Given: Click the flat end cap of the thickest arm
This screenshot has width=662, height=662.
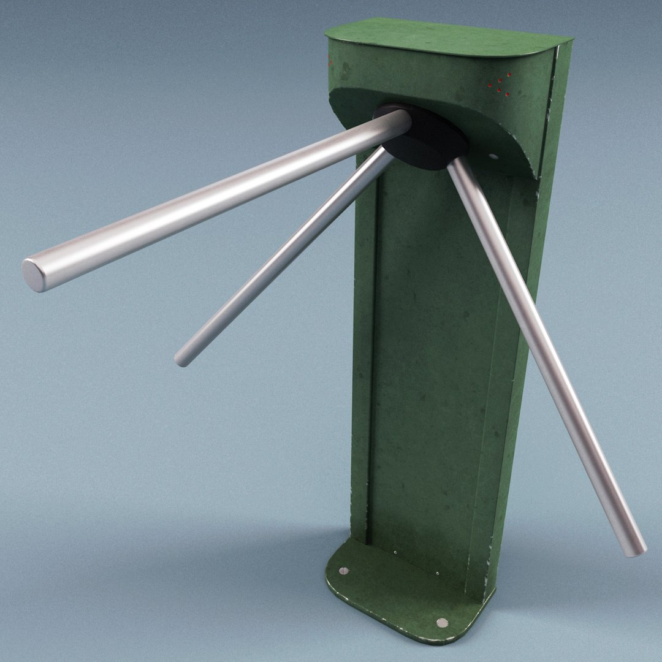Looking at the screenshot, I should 34,275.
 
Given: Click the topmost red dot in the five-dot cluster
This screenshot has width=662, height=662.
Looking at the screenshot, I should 508,74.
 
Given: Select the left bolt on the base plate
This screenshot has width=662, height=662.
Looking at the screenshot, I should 343,571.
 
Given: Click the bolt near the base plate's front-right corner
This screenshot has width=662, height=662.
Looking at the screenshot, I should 442,622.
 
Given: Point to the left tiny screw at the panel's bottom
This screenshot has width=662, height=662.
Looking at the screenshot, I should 395,552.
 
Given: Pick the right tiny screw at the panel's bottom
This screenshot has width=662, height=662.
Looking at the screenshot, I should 437,574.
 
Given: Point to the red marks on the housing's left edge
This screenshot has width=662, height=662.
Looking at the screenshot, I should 330,60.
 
